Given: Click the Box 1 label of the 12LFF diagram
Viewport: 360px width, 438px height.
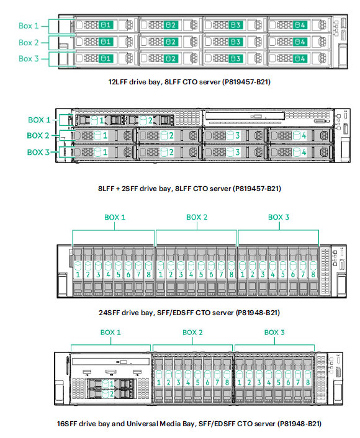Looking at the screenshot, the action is pos(29,26).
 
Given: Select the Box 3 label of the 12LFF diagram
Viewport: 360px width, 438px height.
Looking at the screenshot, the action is pos(29,59).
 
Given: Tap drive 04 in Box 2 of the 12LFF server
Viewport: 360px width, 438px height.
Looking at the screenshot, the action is pos(300,42).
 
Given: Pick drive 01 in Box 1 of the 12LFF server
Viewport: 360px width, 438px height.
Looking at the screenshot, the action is pos(106,25).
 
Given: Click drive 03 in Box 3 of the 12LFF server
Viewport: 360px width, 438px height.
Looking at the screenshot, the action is pos(235,58).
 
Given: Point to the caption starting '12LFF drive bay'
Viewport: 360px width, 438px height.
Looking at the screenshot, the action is pos(189,82).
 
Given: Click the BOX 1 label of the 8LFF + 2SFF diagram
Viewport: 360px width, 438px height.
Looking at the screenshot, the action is pos(39,120).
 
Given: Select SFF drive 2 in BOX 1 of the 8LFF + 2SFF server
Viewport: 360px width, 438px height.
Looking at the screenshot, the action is pos(150,120).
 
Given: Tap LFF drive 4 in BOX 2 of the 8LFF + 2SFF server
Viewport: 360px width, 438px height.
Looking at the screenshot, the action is pos(301,136).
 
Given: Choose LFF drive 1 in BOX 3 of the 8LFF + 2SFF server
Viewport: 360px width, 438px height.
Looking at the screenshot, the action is pos(105,152).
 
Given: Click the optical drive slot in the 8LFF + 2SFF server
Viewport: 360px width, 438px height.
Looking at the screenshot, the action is pos(245,116).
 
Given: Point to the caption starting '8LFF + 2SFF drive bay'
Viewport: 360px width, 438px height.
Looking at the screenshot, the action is pos(189,189).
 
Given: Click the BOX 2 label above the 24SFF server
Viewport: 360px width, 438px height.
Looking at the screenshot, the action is pos(197,217).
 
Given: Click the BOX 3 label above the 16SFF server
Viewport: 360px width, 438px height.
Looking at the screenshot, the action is pos(274,333).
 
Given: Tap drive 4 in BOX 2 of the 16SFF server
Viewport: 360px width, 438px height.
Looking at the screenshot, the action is pos(188,378).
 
